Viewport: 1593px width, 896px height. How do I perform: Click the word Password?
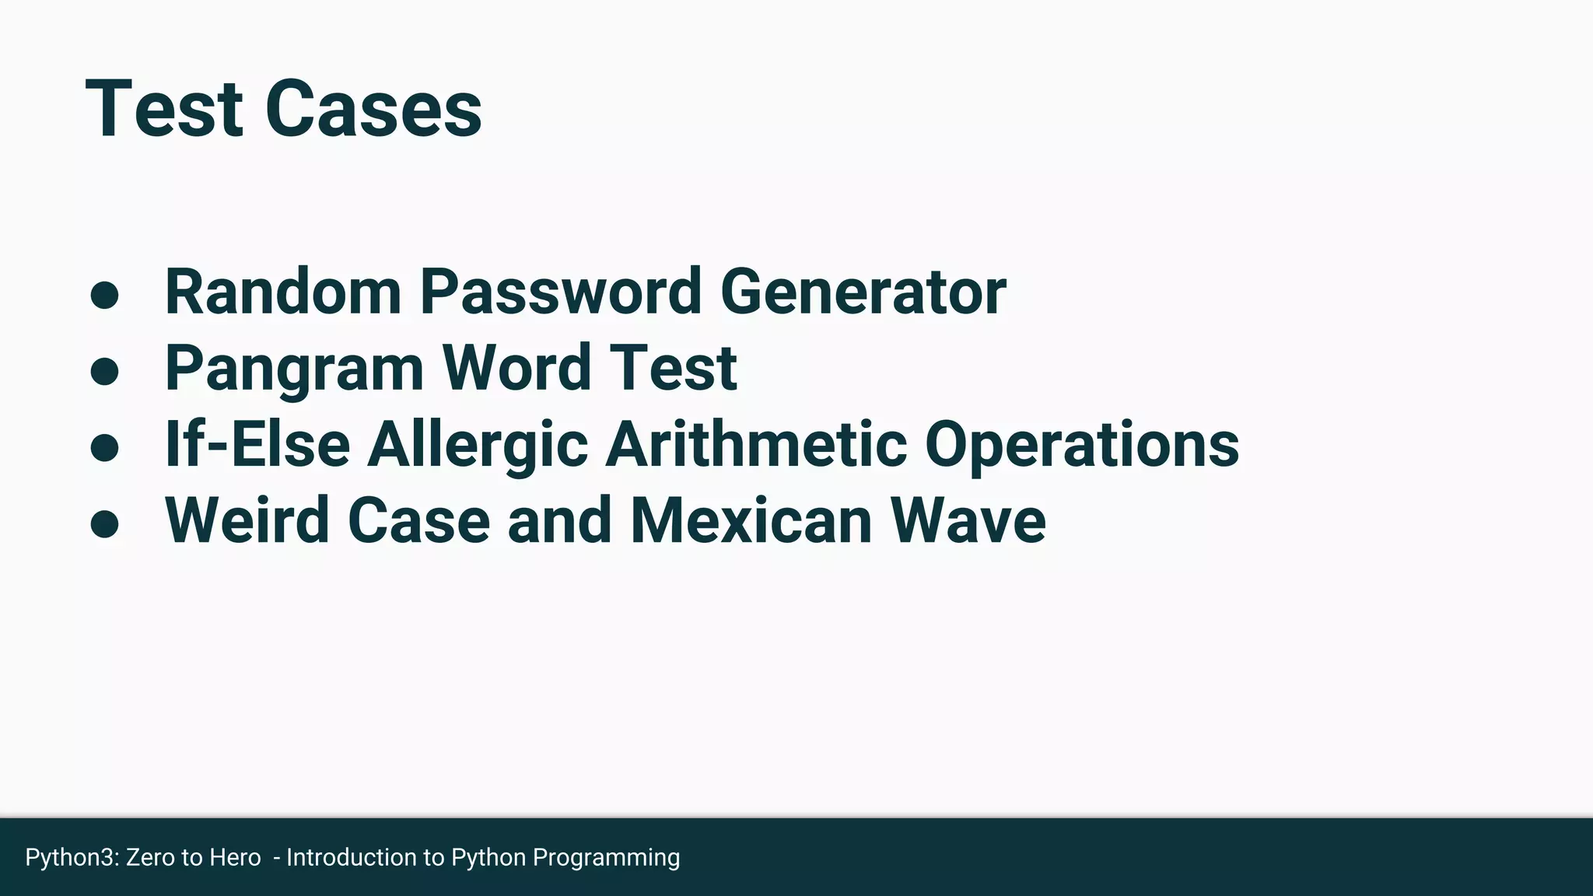[561, 292]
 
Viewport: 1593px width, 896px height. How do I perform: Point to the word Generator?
[863, 292]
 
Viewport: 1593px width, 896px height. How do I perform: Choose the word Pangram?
[294, 368]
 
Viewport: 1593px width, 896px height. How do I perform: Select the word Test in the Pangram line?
[673, 368]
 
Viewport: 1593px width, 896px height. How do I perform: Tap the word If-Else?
[257, 444]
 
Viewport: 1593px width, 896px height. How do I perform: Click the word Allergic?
[478, 446]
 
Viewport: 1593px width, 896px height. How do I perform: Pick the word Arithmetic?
[756, 444]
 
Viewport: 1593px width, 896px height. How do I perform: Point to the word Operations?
[1082, 446]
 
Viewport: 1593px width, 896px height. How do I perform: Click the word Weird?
[247, 520]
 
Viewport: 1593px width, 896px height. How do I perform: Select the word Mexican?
[751, 520]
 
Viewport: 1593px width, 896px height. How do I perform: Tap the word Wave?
[968, 520]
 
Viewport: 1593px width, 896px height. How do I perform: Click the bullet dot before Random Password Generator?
[104, 295]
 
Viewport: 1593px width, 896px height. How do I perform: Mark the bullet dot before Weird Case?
[104, 523]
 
